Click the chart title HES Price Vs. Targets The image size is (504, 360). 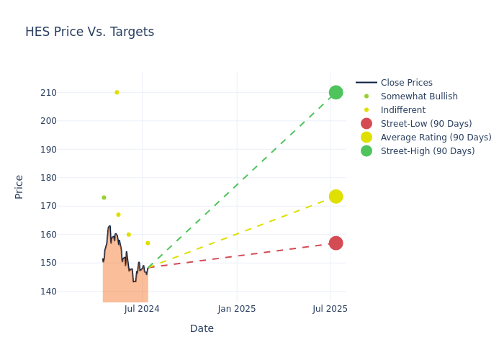(89, 32)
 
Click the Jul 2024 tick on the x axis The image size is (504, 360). (142, 309)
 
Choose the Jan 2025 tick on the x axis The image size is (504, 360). (236, 309)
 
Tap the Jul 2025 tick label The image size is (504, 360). (330, 309)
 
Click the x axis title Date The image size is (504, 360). (202, 328)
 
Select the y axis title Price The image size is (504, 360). (19, 186)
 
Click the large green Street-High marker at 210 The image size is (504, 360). (336, 93)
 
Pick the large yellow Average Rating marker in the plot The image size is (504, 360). (336, 197)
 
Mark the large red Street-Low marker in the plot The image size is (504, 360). (336, 243)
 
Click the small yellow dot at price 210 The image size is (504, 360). (117, 92)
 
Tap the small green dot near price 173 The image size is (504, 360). (104, 197)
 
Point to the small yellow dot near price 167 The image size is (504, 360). (118, 215)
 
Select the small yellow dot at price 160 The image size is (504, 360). (129, 235)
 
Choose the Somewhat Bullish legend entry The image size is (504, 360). (418, 96)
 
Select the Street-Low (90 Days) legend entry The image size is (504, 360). (426, 124)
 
